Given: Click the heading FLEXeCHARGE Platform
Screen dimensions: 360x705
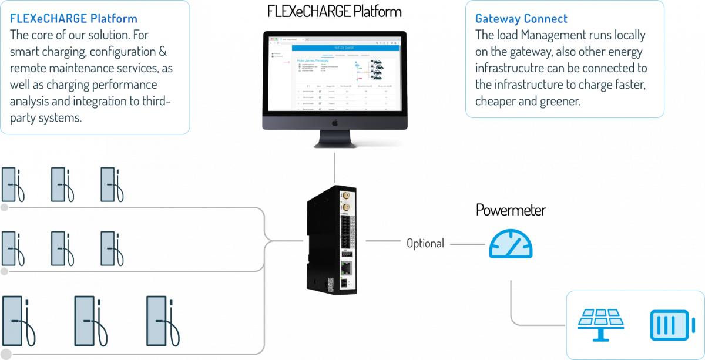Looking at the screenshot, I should coord(73,19).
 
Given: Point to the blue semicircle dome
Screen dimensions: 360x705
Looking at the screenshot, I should coord(511,244).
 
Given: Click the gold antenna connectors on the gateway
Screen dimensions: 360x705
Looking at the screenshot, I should coord(345,201).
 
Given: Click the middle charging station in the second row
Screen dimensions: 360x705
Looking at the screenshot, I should coord(61,248).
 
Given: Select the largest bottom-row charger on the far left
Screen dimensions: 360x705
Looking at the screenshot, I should coord(16,321).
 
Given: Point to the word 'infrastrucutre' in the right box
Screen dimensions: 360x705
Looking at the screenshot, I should coord(510,68).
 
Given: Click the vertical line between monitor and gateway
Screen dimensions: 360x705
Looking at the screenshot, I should coord(334,167).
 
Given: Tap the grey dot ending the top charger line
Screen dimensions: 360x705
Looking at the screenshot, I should coord(5,207).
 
